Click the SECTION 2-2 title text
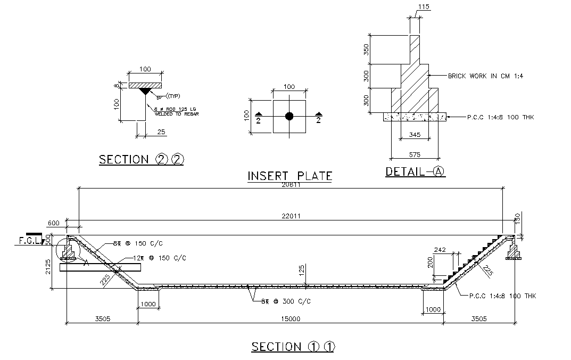pyautogui.click(x=141, y=159)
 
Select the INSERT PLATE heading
pyautogui.click(x=290, y=176)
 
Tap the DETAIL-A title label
pyautogui.click(x=415, y=171)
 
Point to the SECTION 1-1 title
pyautogui.click(x=293, y=347)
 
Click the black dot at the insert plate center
pyautogui.click(x=289, y=116)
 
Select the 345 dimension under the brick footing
pyautogui.click(x=415, y=135)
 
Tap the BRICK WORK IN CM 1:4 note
pyautogui.click(x=485, y=76)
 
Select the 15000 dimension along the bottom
pyautogui.click(x=291, y=319)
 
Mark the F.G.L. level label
pyautogui.click(x=28, y=241)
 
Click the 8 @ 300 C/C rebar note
pyautogui.click(x=285, y=301)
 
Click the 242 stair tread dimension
pyautogui.click(x=440, y=250)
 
